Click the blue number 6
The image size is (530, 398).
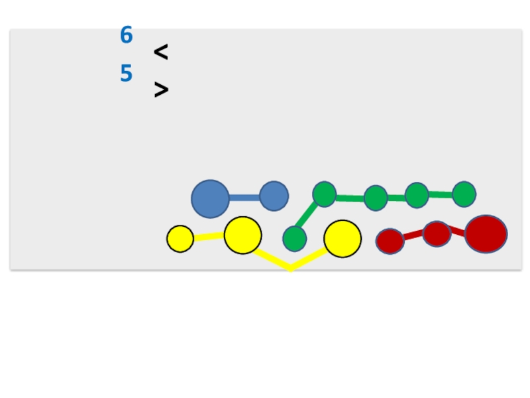127,35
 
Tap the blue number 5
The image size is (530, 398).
127,74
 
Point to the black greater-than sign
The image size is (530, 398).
161,90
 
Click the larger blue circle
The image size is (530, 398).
211,198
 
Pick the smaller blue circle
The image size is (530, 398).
274,196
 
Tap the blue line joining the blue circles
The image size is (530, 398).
244,198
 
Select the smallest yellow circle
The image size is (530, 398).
180,239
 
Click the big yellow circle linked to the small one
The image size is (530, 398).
242,235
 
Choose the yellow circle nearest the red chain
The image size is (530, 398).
343,239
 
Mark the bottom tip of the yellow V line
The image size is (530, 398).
291,269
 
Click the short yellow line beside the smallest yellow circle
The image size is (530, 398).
209,236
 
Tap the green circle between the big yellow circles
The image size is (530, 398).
294,239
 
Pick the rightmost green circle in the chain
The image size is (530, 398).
464,194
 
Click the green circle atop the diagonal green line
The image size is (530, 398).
324,194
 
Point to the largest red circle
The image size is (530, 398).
486,234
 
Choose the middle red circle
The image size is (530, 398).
437,233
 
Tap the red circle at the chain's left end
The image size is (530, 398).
390,241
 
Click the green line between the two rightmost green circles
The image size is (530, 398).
441,195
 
